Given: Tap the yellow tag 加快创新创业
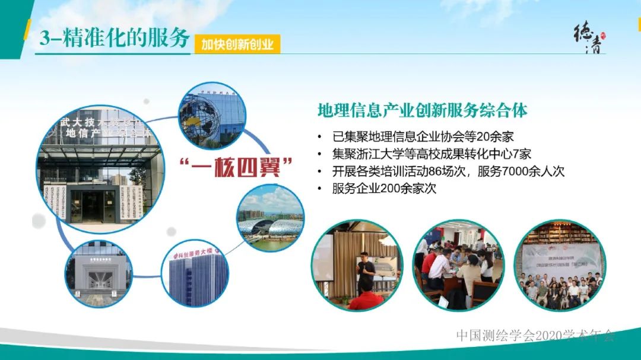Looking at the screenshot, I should pos(237,44).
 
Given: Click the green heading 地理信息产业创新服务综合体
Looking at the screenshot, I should pos(423,111).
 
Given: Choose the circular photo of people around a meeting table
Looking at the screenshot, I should pos(458,265).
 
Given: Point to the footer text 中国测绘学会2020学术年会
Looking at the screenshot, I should pos(535,335).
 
